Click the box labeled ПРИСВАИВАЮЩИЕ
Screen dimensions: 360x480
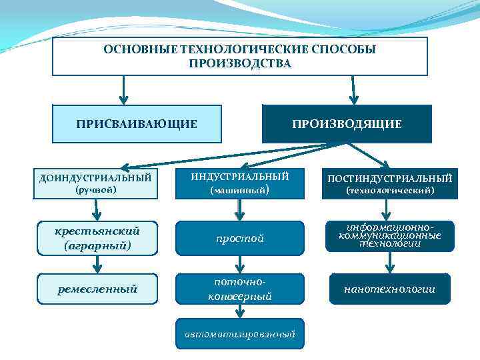tap(137, 124)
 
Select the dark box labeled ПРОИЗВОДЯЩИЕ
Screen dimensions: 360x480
tap(347, 124)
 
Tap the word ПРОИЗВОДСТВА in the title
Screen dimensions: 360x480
tap(240, 63)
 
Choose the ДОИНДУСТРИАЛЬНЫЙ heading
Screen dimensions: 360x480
tap(95, 178)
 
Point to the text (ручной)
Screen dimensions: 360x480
tap(95, 190)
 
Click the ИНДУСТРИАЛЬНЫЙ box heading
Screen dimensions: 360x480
tap(240, 177)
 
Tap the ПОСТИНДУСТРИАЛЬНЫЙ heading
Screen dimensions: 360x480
tap(390, 178)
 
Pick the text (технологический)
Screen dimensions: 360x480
tap(390, 191)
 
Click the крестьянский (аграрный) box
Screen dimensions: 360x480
tap(97, 238)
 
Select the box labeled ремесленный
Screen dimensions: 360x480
tap(97, 289)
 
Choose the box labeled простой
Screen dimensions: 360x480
tap(240, 238)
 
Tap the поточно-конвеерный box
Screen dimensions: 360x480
tap(240, 289)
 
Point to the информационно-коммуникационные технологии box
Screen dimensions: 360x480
tap(390, 236)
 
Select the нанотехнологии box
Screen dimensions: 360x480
tap(390, 289)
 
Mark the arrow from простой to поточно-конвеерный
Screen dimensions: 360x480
tap(240, 263)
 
